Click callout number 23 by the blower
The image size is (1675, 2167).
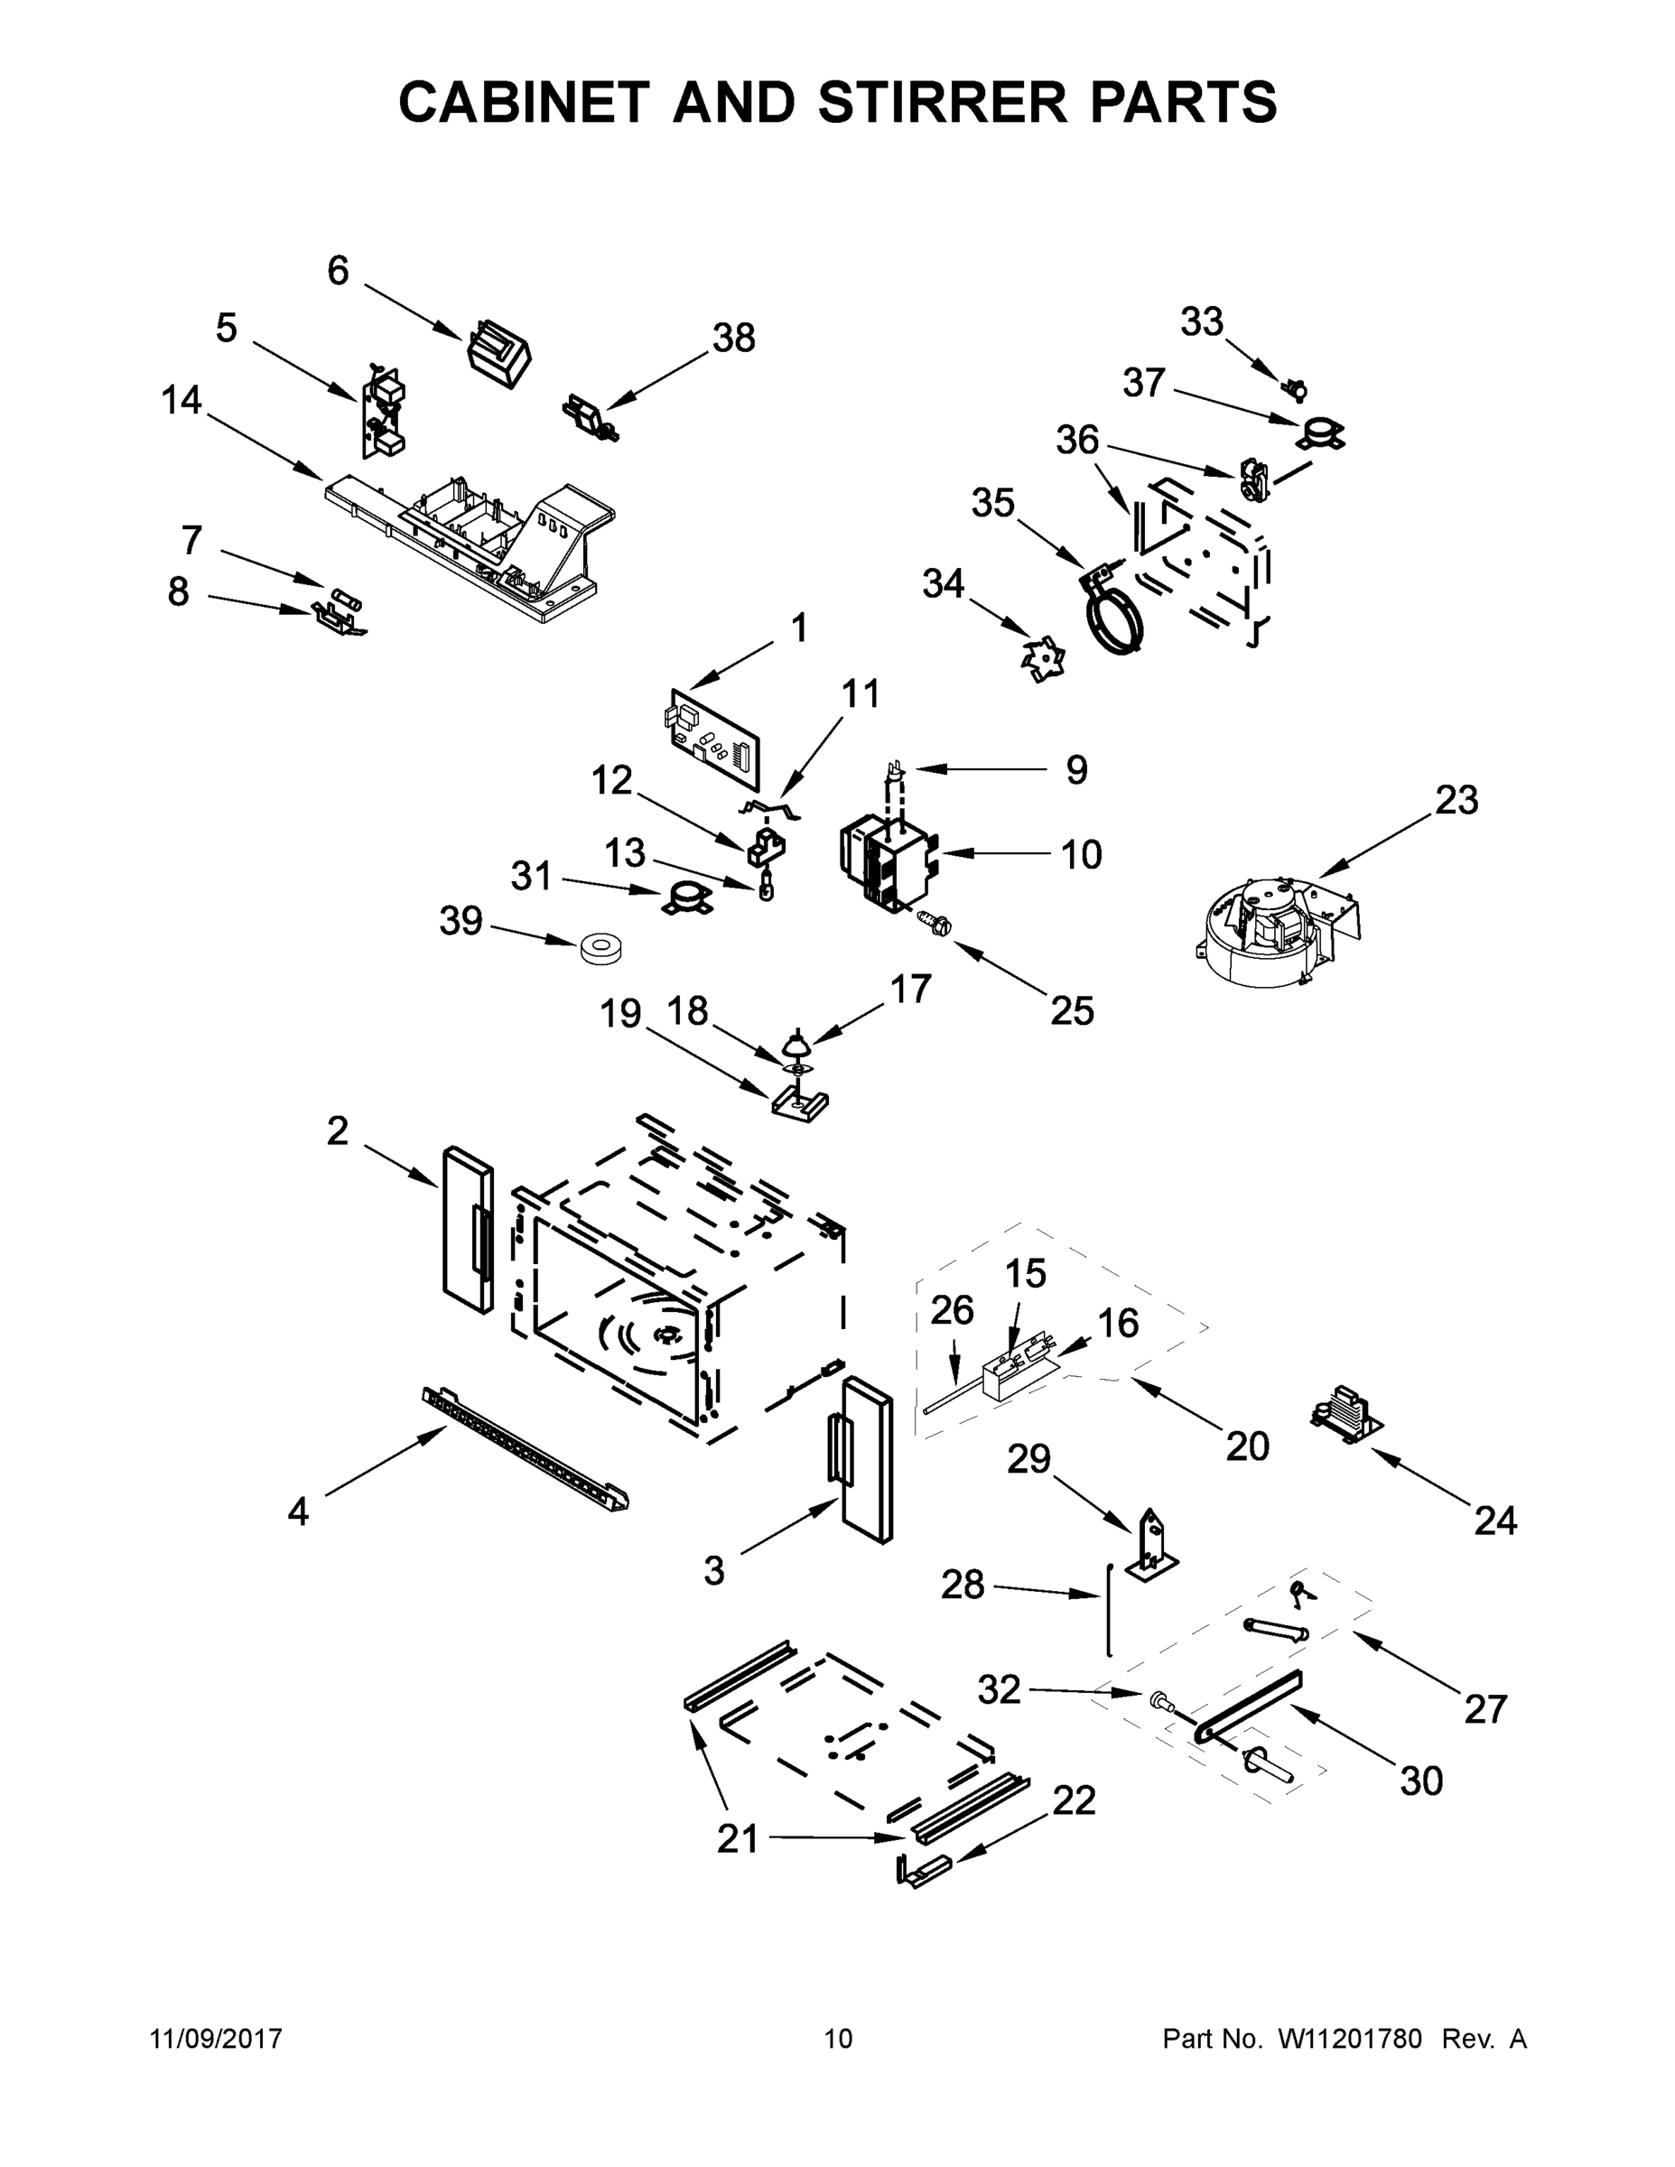coord(1456,800)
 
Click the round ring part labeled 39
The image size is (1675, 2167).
coord(600,949)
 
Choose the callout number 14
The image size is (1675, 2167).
coord(181,401)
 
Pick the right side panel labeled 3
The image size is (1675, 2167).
coord(865,1458)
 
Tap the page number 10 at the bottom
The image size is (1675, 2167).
coord(838,2038)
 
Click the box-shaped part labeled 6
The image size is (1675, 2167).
coord(499,352)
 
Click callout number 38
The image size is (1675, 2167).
coord(733,339)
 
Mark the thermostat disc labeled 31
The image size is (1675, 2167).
coord(684,899)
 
